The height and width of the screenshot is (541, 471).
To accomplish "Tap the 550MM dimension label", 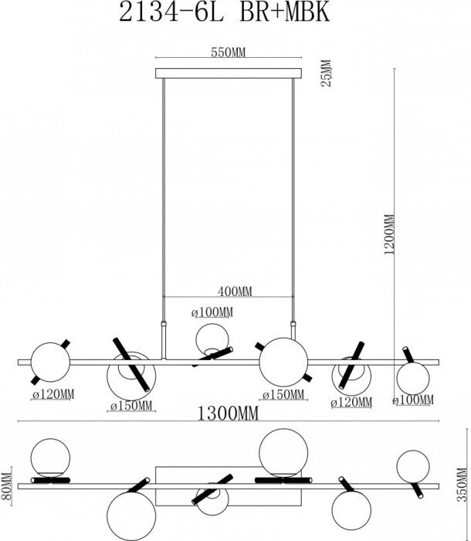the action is [x=228, y=53].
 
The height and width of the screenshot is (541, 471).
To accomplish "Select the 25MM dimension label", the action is [x=326, y=73].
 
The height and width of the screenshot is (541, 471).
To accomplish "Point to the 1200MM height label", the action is [x=388, y=234].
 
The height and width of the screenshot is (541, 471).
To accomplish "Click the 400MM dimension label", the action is [x=235, y=291].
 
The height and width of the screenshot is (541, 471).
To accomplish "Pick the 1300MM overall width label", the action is [x=228, y=413].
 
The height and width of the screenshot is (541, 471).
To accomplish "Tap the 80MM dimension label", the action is [x=6, y=486].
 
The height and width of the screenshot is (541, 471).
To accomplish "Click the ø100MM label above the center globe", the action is [x=212, y=312].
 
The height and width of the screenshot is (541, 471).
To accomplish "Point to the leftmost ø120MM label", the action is [x=53, y=393].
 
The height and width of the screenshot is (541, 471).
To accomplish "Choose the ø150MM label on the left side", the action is [x=131, y=406].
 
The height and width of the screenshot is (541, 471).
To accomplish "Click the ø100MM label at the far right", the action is [x=413, y=400].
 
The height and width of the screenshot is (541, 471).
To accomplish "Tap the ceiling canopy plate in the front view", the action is [x=229, y=73].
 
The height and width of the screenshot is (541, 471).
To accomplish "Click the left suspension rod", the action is [x=164, y=200].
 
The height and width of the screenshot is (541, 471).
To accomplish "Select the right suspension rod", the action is [x=293, y=200].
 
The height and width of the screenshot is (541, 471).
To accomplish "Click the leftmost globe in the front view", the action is [x=50, y=362].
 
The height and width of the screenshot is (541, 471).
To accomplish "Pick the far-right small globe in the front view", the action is [x=413, y=379].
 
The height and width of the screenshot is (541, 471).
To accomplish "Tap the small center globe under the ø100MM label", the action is [x=212, y=340].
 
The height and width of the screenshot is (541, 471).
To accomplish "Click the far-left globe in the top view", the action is [x=50, y=458].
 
